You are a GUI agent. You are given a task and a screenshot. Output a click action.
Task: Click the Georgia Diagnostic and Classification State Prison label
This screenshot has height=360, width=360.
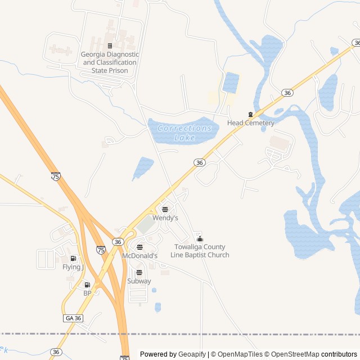110,62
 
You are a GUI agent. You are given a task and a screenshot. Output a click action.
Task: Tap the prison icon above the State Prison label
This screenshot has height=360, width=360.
110,46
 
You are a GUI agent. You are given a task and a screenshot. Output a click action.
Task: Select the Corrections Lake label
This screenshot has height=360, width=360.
184,133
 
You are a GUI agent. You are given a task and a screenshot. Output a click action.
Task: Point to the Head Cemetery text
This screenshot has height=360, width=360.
251,123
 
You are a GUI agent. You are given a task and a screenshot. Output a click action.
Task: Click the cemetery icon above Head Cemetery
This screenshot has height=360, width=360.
251,114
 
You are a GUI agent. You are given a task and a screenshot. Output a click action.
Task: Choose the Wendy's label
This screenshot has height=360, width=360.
165,218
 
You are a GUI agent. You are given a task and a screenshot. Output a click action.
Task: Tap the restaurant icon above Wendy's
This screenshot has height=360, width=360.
165,209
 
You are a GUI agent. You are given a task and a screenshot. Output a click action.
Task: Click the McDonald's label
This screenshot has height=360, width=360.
139,255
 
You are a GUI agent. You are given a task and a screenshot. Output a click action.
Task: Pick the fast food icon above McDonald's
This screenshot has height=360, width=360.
139,247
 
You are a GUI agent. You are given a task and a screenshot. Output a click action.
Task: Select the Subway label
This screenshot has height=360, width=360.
139,281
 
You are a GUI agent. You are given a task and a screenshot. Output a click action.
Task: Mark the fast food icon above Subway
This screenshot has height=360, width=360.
139,272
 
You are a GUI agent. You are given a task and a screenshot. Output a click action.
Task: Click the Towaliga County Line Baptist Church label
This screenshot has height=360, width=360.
200,251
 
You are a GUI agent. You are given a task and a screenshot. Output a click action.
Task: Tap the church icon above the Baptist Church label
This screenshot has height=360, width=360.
199,239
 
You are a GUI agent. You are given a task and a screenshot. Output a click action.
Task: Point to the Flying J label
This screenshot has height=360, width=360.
73,267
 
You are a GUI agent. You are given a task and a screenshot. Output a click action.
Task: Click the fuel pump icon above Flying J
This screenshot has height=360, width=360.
73,258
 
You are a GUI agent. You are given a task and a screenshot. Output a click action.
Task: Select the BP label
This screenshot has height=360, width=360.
87,293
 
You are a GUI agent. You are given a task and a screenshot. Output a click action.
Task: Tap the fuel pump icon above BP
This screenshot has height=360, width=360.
87,285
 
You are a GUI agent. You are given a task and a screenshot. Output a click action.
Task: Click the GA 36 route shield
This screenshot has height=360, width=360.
73,318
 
